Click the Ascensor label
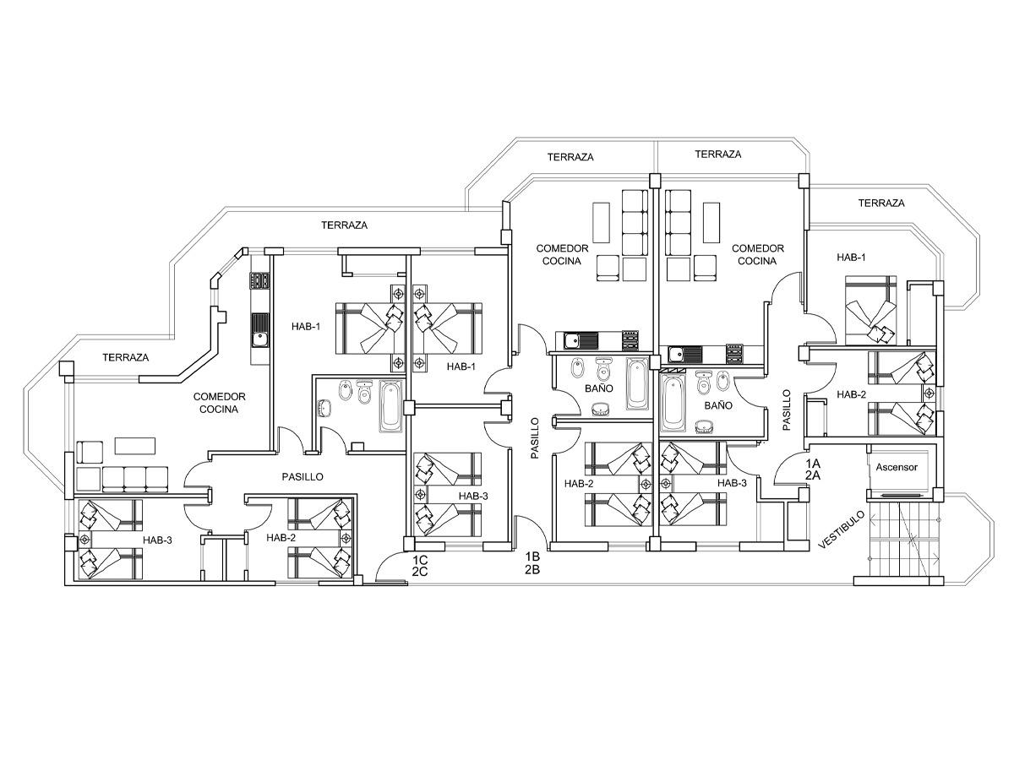tap(897, 466)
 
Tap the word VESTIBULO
tap(842, 529)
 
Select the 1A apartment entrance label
tap(813, 464)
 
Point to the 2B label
tap(532, 570)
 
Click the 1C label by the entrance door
tap(420, 559)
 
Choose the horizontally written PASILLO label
tap(303, 477)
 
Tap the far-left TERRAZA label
tap(125, 357)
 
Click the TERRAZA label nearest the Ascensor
tap(881, 203)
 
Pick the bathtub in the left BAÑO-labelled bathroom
tap(637, 384)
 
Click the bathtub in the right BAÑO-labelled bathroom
tap(672, 403)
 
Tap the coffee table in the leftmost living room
tap(135, 445)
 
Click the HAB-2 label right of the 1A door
tap(851, 394)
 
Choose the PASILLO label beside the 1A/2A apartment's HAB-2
tap(786, 410)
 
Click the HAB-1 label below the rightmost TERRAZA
tap(851, 257)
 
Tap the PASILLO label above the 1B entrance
tap(534, 438)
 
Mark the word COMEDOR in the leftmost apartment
tap(219, 396)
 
